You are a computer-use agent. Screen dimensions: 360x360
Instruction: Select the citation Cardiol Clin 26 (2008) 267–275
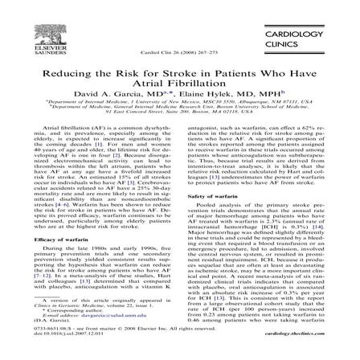point(177,51)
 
